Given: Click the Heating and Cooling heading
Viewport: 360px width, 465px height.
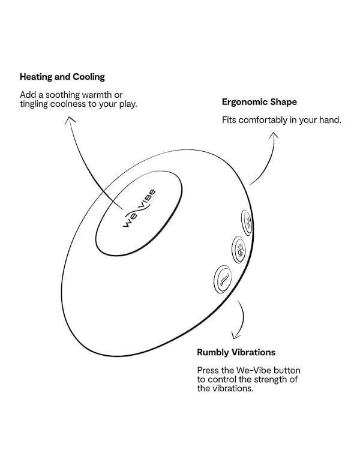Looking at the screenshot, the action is pyautogui.click(x=62, y=77).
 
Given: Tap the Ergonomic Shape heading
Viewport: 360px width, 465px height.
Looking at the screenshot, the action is pyautogui.click(x=259, y=103).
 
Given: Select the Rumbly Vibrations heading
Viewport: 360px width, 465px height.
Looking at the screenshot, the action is pyautogui.click(x=236, y=352).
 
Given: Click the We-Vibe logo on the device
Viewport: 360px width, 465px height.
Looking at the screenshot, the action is pyautogui.click(x=139, y=208).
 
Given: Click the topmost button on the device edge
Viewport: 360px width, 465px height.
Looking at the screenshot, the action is pyautogui.click(x=247, y=223).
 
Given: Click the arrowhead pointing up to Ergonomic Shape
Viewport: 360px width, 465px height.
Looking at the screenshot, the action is pyautogui.click(x=274, y=136).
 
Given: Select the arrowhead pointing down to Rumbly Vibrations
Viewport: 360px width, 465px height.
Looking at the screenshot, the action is pyautogui.click(x=236, y=335).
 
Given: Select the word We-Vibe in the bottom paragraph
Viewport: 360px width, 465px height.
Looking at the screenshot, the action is pyautogui.click(x=253, y=370).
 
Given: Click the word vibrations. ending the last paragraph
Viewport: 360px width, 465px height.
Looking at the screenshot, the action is pyautogui.click(x=234, y=388).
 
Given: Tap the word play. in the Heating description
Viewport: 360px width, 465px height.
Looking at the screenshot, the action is pyautogui.click(x=128, y=104).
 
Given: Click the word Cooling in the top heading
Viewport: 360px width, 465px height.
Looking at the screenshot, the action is pyautogui.click(x=89, y=77).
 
